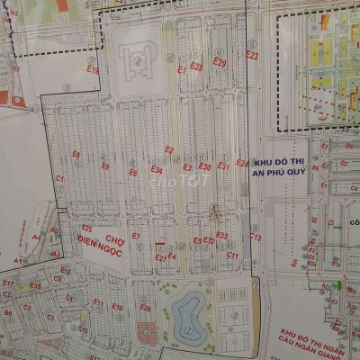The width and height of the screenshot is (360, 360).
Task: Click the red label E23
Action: [x=251, y=56]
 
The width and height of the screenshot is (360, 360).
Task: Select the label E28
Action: [x=196, y=66]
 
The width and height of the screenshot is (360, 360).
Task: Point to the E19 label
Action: [x=92, y=68]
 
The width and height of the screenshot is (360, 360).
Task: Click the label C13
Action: [x=255, y=237]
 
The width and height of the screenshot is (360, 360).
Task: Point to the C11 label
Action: [x=232, y=255]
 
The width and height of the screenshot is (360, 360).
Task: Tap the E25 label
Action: [x=87, y=229]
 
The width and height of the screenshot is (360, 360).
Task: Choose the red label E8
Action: [x=76, y=155]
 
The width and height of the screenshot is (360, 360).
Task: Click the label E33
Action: [x=221, y=235]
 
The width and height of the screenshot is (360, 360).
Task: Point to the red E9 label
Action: [x=105, y=166]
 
